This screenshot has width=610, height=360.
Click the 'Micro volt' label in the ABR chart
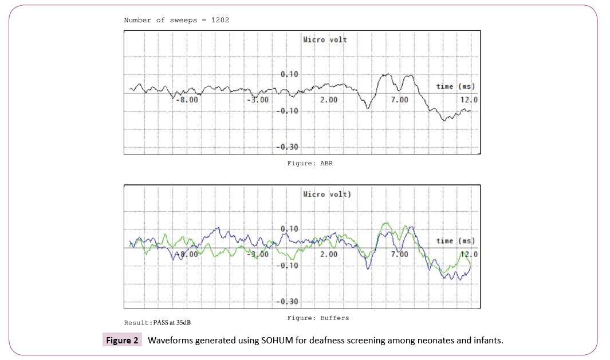(325, 39)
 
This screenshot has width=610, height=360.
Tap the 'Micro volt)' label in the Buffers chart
(327, 194)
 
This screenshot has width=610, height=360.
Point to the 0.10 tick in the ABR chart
(290, 74)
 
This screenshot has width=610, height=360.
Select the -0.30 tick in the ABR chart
(288, 147)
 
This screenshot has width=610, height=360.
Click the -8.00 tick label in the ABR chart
(187, 100)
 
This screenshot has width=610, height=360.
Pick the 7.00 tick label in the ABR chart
(399, 100)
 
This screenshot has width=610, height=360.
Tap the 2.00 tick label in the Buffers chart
(328, 254)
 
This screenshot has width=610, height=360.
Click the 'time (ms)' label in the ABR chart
(455, 86)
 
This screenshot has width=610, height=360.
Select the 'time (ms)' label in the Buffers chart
(455, 241)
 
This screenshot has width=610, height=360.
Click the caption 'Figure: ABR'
(310, 163)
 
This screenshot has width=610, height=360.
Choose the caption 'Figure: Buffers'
(318, 318)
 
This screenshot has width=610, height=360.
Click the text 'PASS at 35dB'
(176, 323)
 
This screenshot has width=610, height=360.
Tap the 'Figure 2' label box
(122, 341)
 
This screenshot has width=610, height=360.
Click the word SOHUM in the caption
(278, 341)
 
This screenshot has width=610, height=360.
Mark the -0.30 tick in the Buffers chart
(288, 302)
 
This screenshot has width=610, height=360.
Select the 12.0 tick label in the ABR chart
(468, 100)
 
